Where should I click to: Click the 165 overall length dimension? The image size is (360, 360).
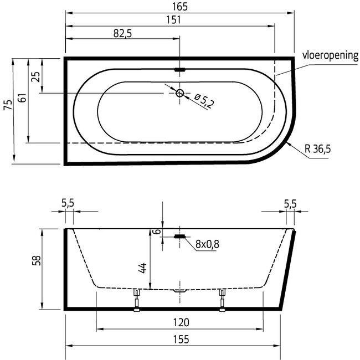click(180, 7)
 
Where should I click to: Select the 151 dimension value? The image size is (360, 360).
click(173, 20)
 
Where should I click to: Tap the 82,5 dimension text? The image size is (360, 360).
click(122, 34)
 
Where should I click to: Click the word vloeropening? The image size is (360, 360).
click(330, 55)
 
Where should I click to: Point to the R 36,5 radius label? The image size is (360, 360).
click(318, 149)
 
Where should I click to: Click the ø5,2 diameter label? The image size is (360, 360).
click(204, 101)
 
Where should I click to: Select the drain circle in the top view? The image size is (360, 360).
click(180, 93)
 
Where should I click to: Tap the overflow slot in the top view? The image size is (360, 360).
click(179, 70)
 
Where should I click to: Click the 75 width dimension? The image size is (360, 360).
click(8, 105)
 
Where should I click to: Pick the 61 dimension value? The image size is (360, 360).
click(23, 98)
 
